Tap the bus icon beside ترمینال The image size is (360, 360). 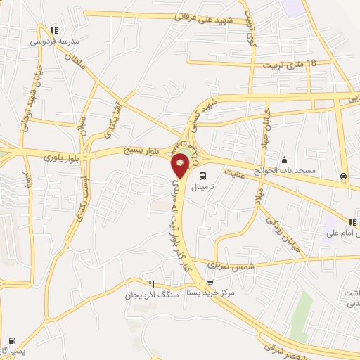pos(202,176)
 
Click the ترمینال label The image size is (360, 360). pos(202,188)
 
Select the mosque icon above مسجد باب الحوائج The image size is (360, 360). pos(284,160)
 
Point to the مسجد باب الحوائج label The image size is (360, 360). pos(285,171)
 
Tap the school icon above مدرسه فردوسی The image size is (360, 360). pos(54,30)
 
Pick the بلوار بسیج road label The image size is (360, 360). pos(133,150)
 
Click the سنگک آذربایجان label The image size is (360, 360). pos(150,296)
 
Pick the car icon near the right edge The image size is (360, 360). pos(342,176)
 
